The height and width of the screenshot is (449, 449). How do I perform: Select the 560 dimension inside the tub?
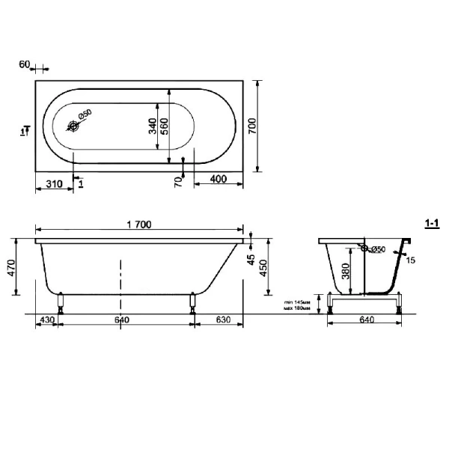[165, 126]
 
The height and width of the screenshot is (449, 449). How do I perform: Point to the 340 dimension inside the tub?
[153, 126]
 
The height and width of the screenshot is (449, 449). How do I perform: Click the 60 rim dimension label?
[24, 65]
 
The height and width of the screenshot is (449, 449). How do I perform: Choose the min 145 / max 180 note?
[297, 304]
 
